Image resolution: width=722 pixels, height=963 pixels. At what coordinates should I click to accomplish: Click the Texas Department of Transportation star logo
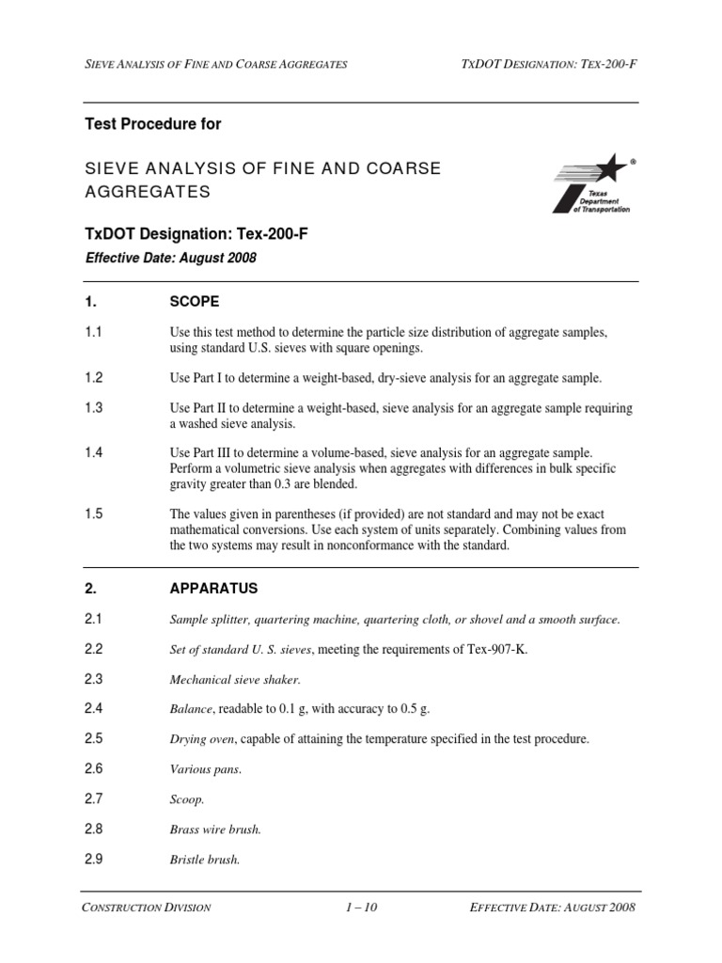tap(593, 183)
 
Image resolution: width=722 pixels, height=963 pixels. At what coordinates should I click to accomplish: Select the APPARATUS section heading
tap(213, 589)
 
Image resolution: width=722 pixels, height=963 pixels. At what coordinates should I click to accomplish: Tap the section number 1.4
tap(92, 452)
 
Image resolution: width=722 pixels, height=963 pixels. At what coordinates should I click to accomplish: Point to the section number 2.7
tap(92, 798)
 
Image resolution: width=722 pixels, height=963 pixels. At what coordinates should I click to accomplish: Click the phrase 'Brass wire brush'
tap(215, 829)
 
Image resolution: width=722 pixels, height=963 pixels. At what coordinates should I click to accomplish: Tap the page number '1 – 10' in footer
tap(360, 908)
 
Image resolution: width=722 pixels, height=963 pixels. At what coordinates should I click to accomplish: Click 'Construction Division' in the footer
tap(146, 908)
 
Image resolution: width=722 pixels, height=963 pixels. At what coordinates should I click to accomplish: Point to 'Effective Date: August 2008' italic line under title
tap(171, 257)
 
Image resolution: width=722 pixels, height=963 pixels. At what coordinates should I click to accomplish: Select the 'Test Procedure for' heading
tap(153, 123)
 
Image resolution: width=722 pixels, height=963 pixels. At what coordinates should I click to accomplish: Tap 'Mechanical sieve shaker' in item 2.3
tap(235, 679)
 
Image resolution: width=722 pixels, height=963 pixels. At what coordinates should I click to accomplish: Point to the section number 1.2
tap(92, 377)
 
